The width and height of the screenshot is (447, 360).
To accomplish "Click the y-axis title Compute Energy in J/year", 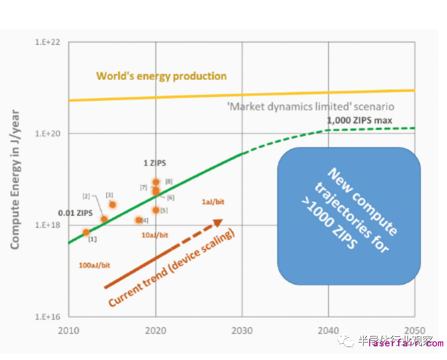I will coord(15,179).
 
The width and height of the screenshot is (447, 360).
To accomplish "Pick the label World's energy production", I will coord(161,76).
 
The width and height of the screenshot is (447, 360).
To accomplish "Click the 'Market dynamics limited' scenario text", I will coord(312,106).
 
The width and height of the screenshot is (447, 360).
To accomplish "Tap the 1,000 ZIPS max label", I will coord(359,120).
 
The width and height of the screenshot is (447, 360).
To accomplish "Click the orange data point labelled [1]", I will coord(86,232).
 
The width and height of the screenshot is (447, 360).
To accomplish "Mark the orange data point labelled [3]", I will coord(113,204).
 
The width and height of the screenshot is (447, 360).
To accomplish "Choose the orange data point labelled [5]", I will coord(156,210).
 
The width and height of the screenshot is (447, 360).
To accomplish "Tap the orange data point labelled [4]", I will coord(139,220).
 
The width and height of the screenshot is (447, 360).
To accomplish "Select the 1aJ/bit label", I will coord(213,201).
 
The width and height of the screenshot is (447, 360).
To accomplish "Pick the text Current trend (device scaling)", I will coord(172,269).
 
